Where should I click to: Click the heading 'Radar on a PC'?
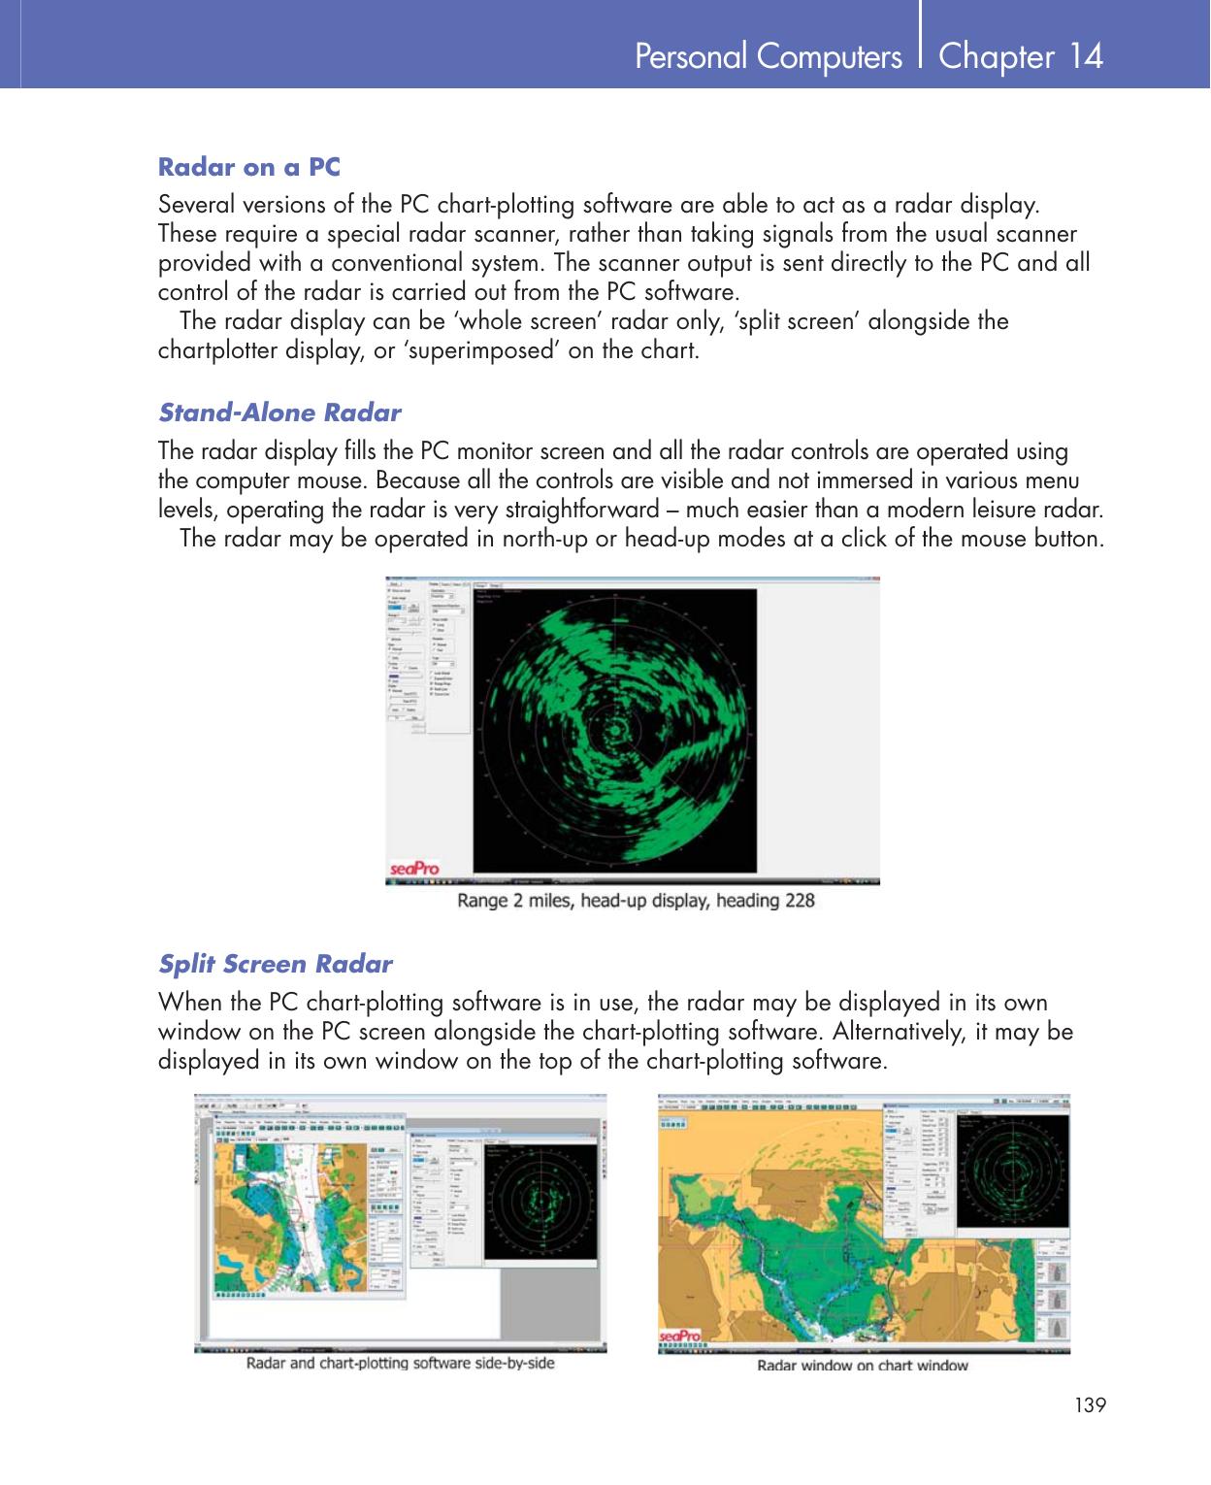click(249, 167)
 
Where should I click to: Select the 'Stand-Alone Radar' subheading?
click(279, 412)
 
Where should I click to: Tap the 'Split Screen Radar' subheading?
click(276, 964)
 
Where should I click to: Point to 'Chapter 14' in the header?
click(1021, 56)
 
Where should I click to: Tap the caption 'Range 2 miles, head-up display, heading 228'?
click(636, 901)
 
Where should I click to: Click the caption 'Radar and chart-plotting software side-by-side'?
click(401, 1363)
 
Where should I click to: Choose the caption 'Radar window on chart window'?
click(863, 1366)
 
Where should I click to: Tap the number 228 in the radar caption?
click(800, 901)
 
